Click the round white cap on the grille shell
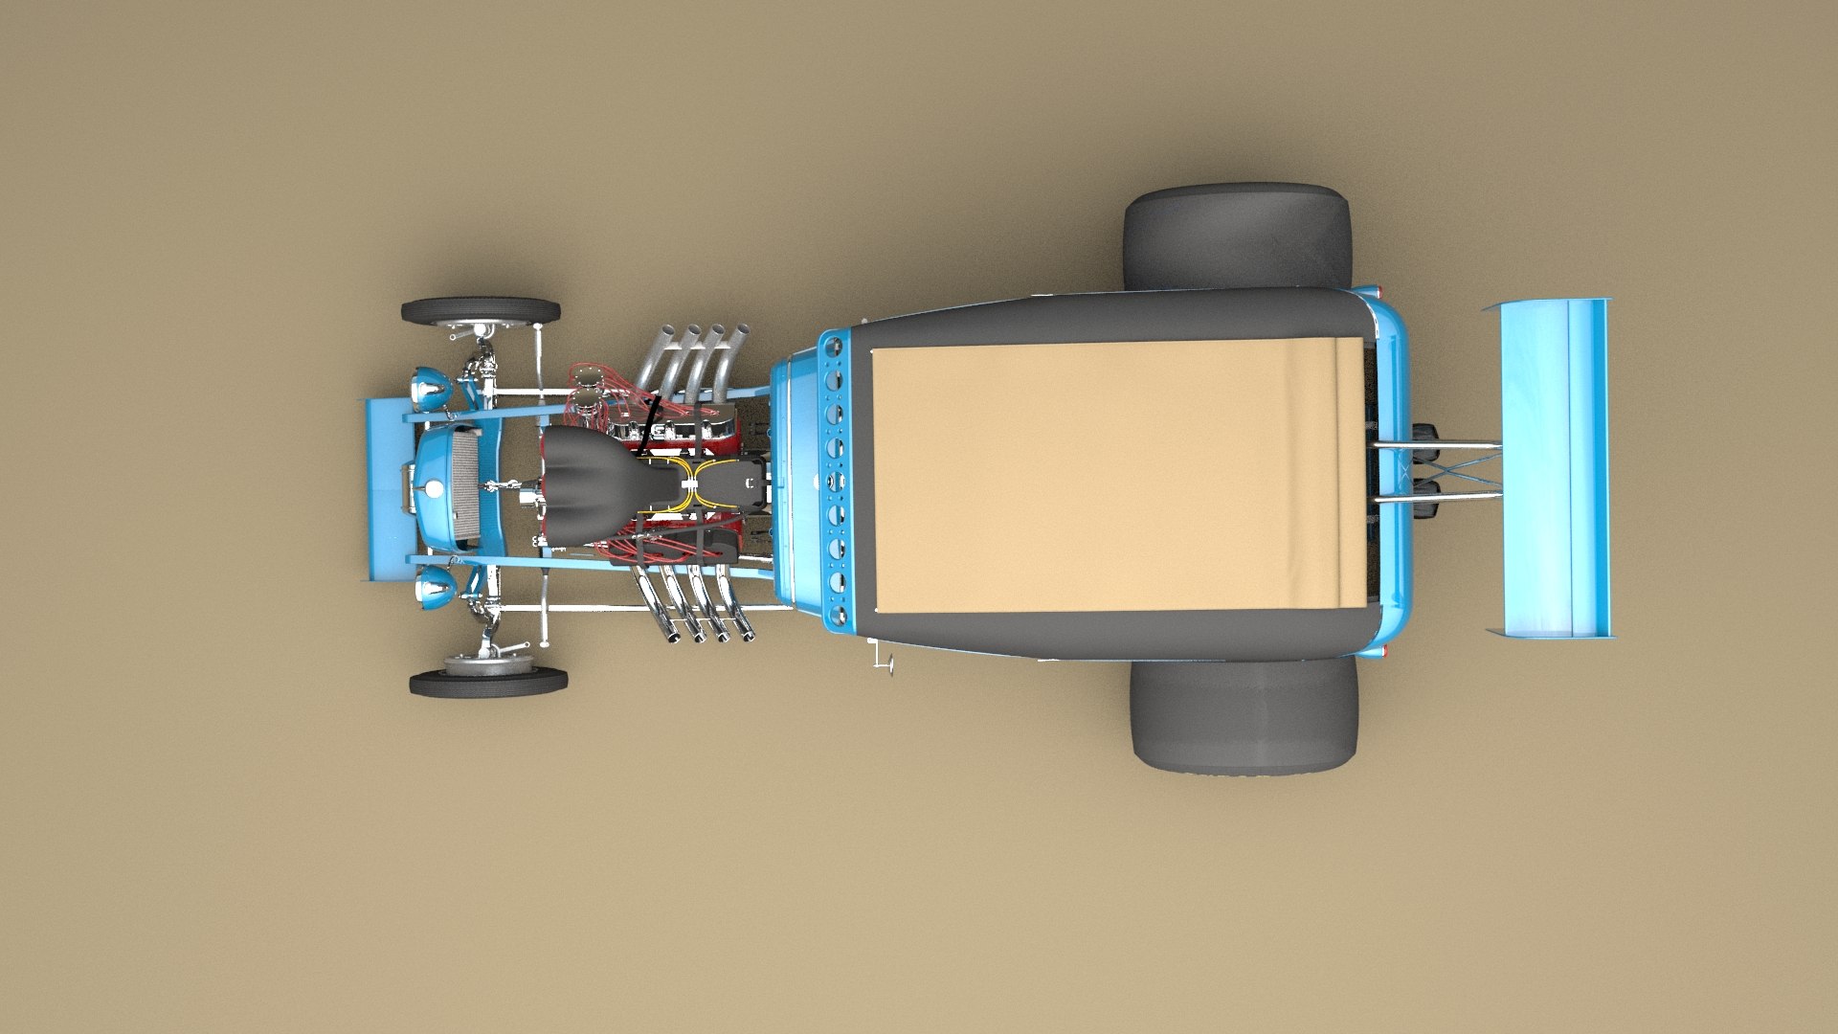[x=435, y=489]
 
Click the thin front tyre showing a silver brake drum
[x=488, y=681]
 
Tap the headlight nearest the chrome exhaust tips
[x=436, y=586]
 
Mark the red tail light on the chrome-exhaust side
[x=1386, y=650]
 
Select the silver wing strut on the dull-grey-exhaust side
[x=1436, y=445]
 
